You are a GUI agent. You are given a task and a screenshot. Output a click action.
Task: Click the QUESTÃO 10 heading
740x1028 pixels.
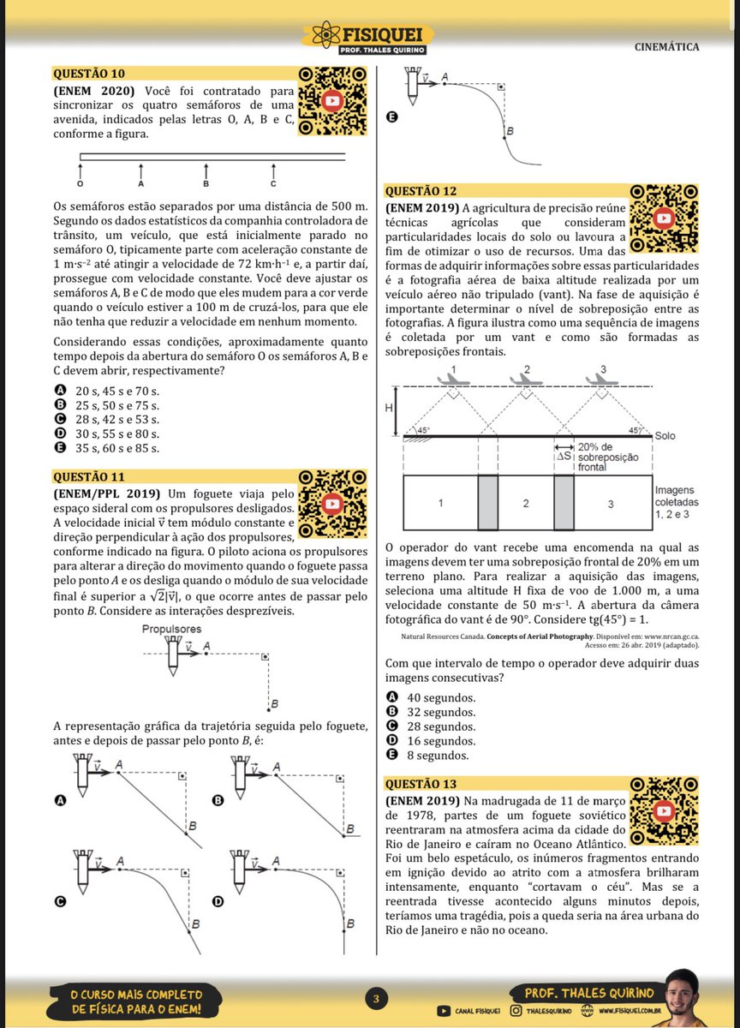89,74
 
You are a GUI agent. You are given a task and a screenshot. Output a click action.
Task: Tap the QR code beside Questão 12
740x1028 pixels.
664,218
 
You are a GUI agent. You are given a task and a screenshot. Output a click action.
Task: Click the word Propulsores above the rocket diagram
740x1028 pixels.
173,629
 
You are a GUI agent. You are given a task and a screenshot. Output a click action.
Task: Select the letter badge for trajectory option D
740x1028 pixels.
218,901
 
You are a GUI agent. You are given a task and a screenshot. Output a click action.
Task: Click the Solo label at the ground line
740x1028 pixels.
665,436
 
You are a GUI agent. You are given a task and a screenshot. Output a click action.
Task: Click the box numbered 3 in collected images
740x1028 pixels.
611,504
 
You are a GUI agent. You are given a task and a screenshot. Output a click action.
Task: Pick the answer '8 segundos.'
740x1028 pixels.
438,756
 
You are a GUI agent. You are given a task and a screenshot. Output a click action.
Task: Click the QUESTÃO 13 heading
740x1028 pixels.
421,784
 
